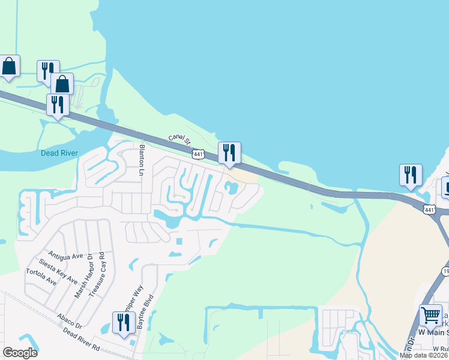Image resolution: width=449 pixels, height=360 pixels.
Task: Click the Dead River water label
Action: (59, 153)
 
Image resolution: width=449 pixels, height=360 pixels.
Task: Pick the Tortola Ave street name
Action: (41, 277)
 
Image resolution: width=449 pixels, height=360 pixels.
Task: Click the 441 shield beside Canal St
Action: (199, 154)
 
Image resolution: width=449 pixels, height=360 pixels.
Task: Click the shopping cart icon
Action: (430, 315)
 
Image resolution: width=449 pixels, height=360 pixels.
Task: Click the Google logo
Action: (20, 353)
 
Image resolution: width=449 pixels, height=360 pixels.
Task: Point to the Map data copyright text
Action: (424, 356)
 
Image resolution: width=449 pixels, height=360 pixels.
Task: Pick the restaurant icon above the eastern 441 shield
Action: (411, 175)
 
